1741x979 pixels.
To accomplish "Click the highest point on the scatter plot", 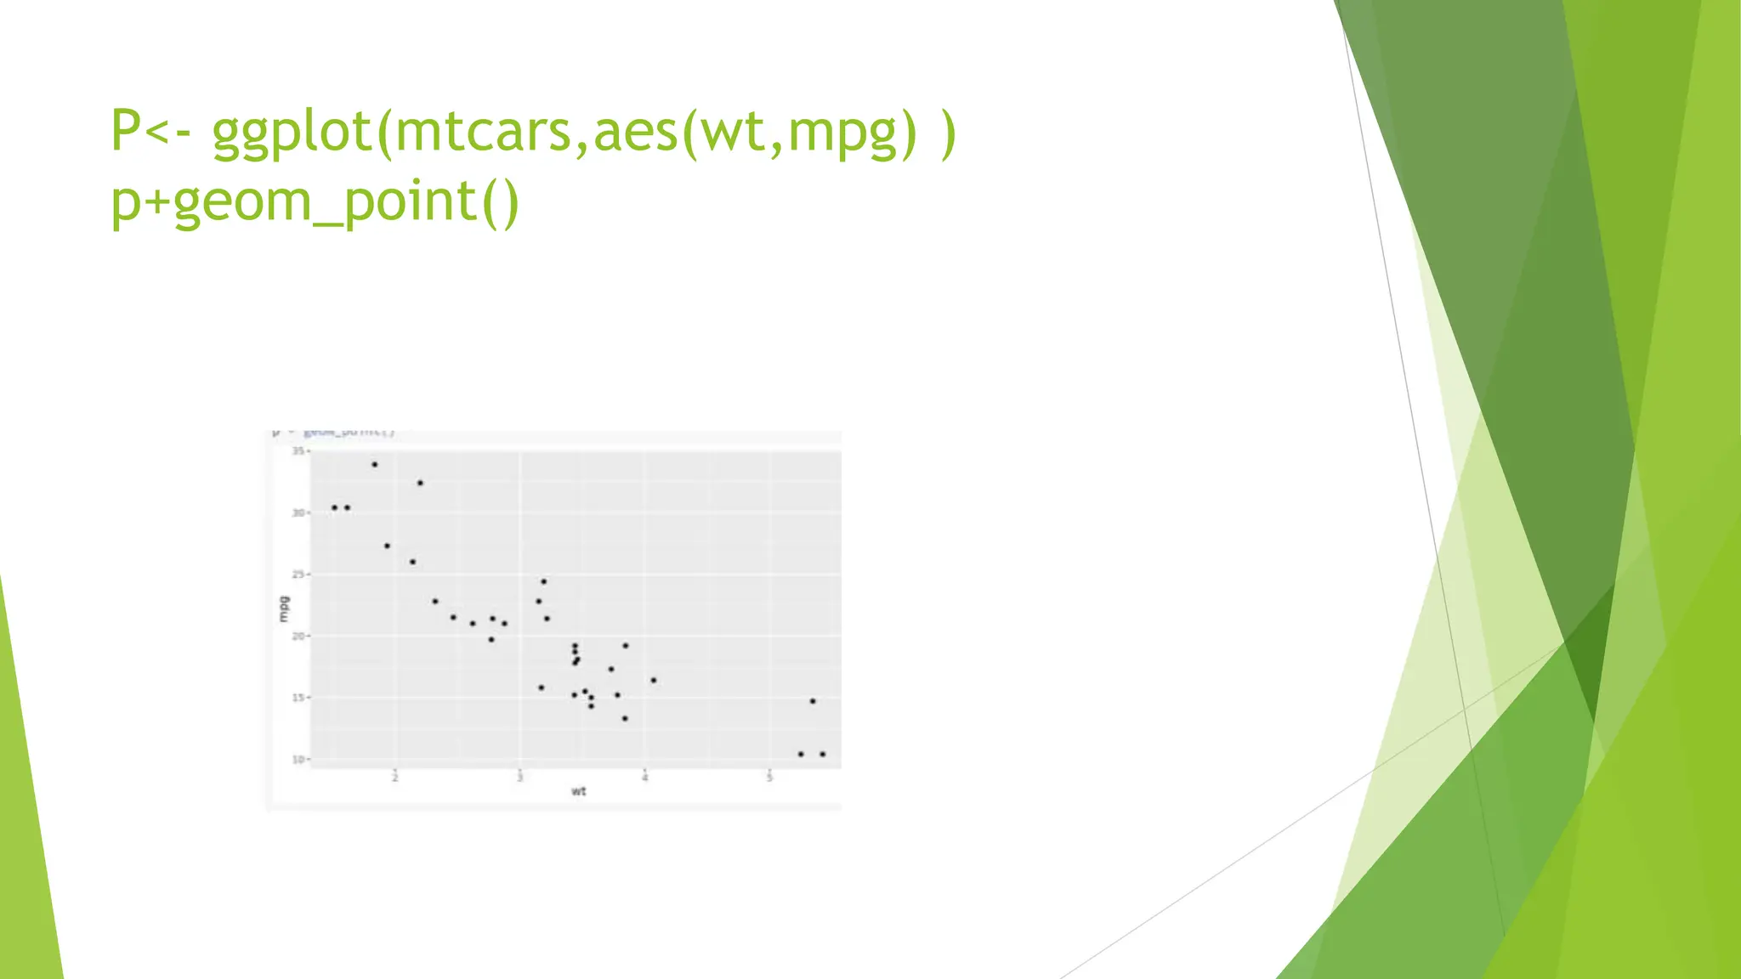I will (x=374, y=465).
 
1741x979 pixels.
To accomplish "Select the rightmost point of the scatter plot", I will (x=822, y=755).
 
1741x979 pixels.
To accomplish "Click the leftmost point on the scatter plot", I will (x=334, y=508).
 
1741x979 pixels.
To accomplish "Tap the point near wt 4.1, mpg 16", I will (x=653, y=681).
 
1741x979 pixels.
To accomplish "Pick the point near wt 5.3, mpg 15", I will (x=813, y=701).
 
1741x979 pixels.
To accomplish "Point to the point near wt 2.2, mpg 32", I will (x=420, y=484).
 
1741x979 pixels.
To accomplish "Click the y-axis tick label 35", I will (x=298, y=450).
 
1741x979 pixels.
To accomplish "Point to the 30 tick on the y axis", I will (x=298, y=512).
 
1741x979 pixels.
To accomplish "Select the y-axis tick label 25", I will (x=298, y=574).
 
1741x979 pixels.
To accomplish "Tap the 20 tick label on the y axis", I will (x=298, y=636).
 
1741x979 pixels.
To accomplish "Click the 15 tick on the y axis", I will (x=298, y=698).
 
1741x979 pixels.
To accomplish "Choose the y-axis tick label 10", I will (x=298, y=759).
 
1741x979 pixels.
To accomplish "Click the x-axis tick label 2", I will (x=395, y=778).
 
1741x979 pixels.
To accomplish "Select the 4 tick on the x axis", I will (x=645, y=778).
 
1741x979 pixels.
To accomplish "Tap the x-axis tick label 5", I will (x=770, y=778).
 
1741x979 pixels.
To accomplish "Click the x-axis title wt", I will (x=578, y=792).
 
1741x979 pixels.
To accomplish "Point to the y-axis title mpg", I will (x=284, y=608).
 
